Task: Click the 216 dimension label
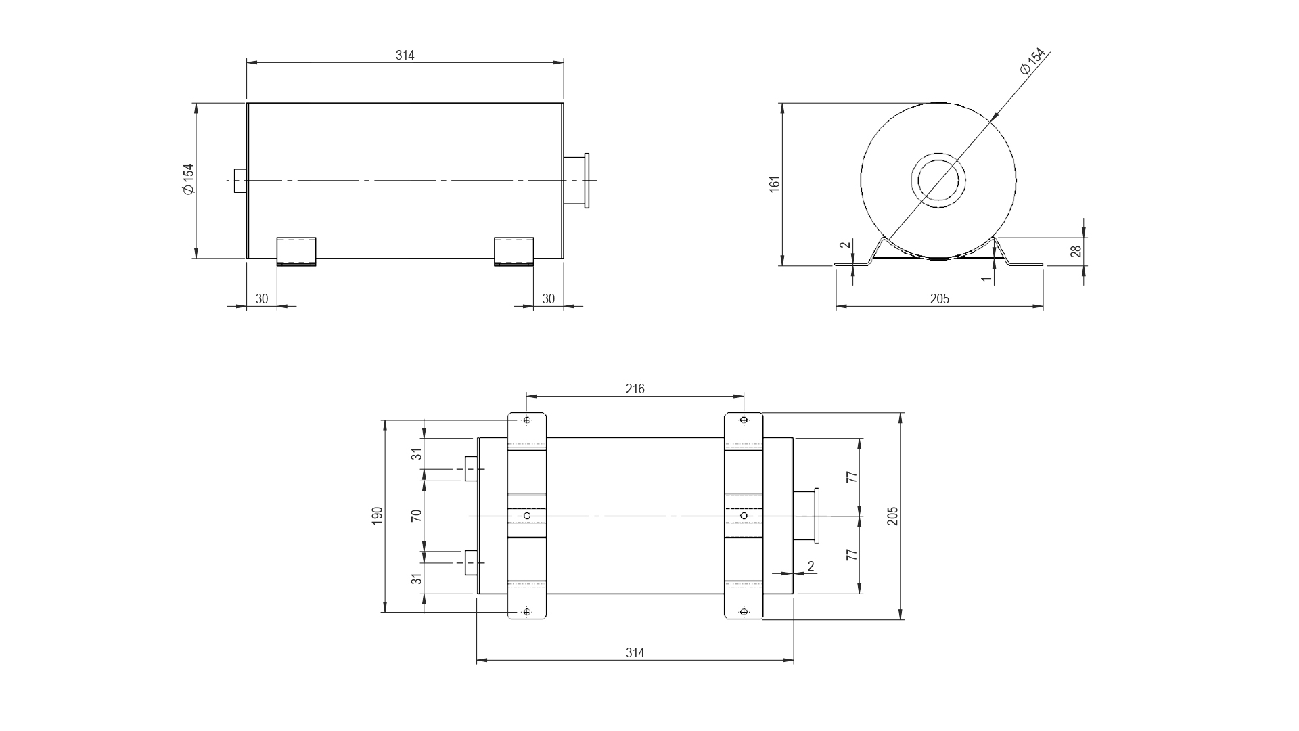pos(635,389)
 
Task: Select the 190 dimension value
pos(378,515)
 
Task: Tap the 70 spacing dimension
pos(417,515)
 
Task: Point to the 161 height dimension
pos(775,184)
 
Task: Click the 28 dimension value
pos(1076,251)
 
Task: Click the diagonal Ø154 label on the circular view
pos(1032,62)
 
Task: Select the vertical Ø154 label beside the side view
pos(188,180)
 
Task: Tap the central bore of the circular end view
pos(938,181)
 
